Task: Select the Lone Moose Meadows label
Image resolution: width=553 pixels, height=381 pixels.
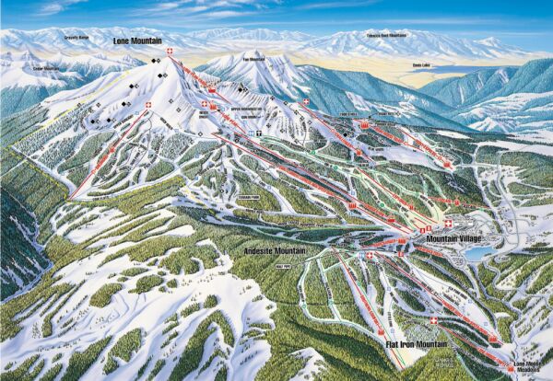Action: click(529, 366)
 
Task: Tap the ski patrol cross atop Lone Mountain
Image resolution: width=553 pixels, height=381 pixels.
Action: click(171, 50)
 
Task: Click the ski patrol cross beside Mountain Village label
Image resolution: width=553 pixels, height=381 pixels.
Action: click(449, 224)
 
